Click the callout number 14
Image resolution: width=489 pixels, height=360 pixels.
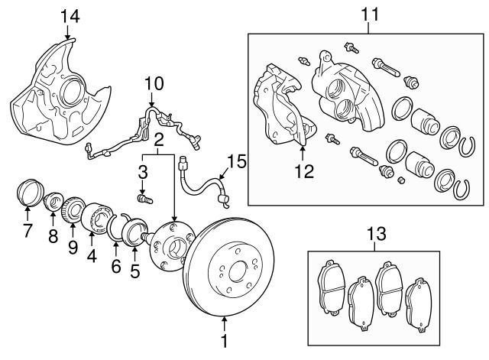(x=70, y=15)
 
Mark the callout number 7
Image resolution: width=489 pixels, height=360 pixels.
(x=28, y=230)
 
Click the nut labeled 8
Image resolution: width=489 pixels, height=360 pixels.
(x=54, y=203)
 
